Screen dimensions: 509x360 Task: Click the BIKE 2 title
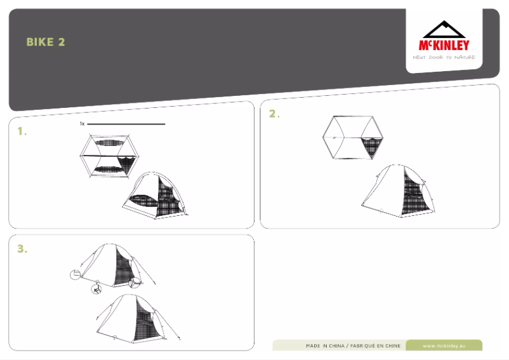tap(46, 42)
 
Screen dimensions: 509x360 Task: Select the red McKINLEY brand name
tap(444, 45)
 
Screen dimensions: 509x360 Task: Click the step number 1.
tap(22, 131)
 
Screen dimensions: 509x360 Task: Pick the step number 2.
tap(274, 114)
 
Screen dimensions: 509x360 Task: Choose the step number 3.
tap(22, 249)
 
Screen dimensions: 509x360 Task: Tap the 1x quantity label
tap(82, 124)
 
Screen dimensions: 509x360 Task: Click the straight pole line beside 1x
tap(126, 124)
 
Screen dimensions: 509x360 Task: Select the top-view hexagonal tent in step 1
tap(109, 156)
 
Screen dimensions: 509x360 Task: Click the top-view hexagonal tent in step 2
tap(353, 137)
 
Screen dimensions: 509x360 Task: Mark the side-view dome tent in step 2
tap(399, 191)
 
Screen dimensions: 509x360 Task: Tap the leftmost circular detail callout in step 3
tap(76, 274)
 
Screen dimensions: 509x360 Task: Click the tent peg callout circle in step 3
tap(96, 289)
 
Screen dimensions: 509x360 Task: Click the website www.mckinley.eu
tap(444, 346)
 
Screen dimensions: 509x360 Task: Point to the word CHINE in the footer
tap(393, 346)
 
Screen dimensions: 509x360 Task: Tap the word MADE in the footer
tap(314, 346)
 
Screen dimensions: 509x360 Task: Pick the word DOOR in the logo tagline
tap(435, 57)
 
